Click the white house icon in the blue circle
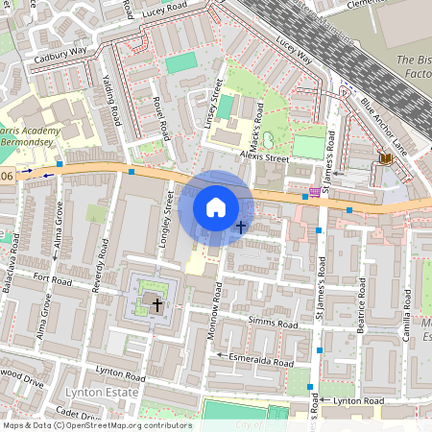point(216,207)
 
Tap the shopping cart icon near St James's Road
point(314,191)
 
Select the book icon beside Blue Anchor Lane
point(386,157)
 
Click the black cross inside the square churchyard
point(156,304)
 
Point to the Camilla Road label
point(407,311)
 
